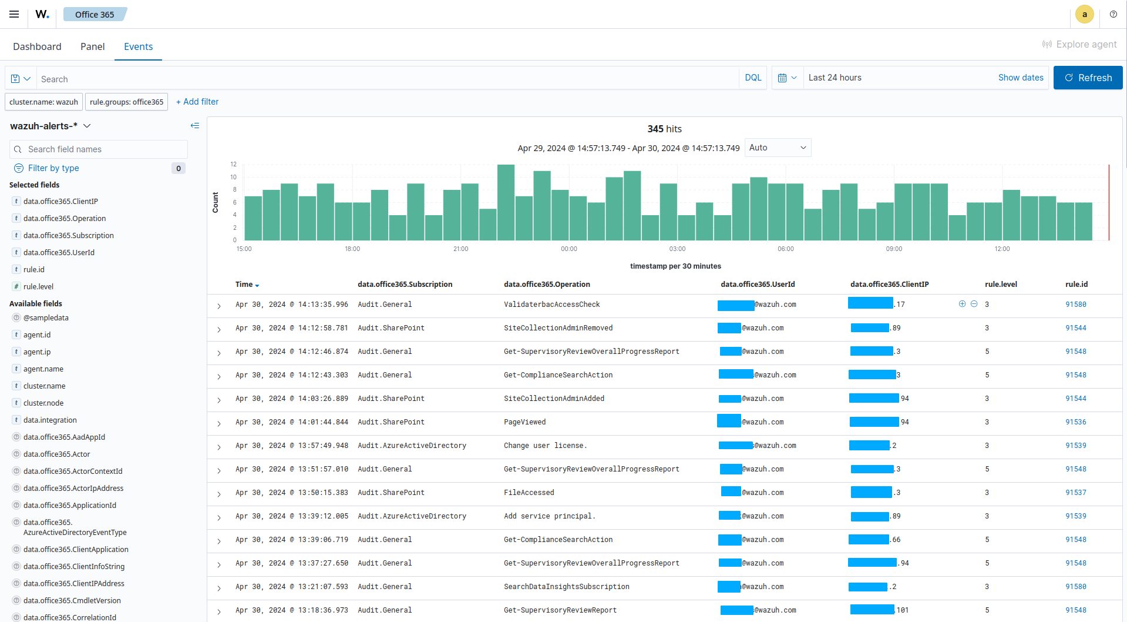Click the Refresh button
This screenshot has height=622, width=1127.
pos(1088,78)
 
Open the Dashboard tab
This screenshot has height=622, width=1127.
pos(37,46)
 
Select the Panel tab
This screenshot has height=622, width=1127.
pos(92,46)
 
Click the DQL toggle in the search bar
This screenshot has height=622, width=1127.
pos(752,78)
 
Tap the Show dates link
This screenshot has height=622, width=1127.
pos(1020,78)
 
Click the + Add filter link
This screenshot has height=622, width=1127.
pos(197,102)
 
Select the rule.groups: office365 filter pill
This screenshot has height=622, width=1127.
pos(126,102)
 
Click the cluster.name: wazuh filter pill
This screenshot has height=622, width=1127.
pos(43,102)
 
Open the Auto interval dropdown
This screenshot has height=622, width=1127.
pos(778,148)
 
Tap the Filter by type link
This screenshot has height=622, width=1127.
pos(53,168)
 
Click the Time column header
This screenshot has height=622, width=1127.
pos(244,285)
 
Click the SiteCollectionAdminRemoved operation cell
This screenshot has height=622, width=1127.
pos(558,328)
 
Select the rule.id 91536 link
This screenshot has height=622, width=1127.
pos(1075,422)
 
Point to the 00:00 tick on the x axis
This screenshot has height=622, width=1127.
pos(568,249)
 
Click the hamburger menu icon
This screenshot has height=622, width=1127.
pos(14,14)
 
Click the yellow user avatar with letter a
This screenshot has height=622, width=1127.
pos(1084,14)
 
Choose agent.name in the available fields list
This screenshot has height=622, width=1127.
pos(43,369)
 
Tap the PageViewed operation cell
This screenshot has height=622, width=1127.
pos(524,422)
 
